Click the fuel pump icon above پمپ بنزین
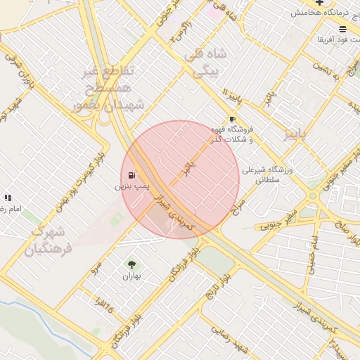[131, 175]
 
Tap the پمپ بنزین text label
[132, 187]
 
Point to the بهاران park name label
[131, 276]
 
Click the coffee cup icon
[232, 120]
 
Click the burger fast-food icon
[342, 29]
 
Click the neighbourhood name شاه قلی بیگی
[202, 62]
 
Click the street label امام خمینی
[314, 250]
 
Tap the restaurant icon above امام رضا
[8, 199]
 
